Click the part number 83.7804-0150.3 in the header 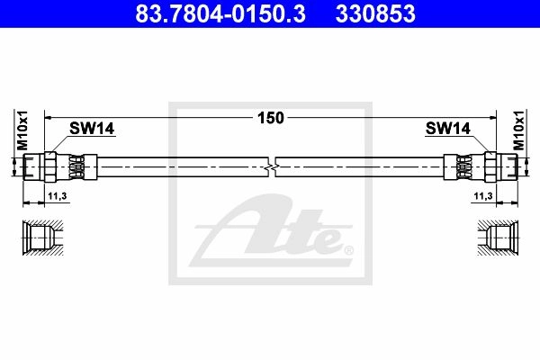pyautogui.click(x=220, y=13)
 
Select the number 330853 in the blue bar pyautogui.click(x=375, y=13)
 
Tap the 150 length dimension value pyautogui.click(x=271, y=118)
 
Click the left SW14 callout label pyautogui.click(x=92, y=129)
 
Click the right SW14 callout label pyautogui.click(x=447, y=129)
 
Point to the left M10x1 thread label pyautogui.click(x=22, y=130)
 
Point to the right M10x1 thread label pyautogui.click(x=518, y=130)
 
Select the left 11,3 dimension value pyautogui.click(x=58, y=196)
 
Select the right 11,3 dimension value pyautogui.click(x=483, y=196)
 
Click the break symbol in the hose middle pyautogui.click(x=272, y=167)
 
